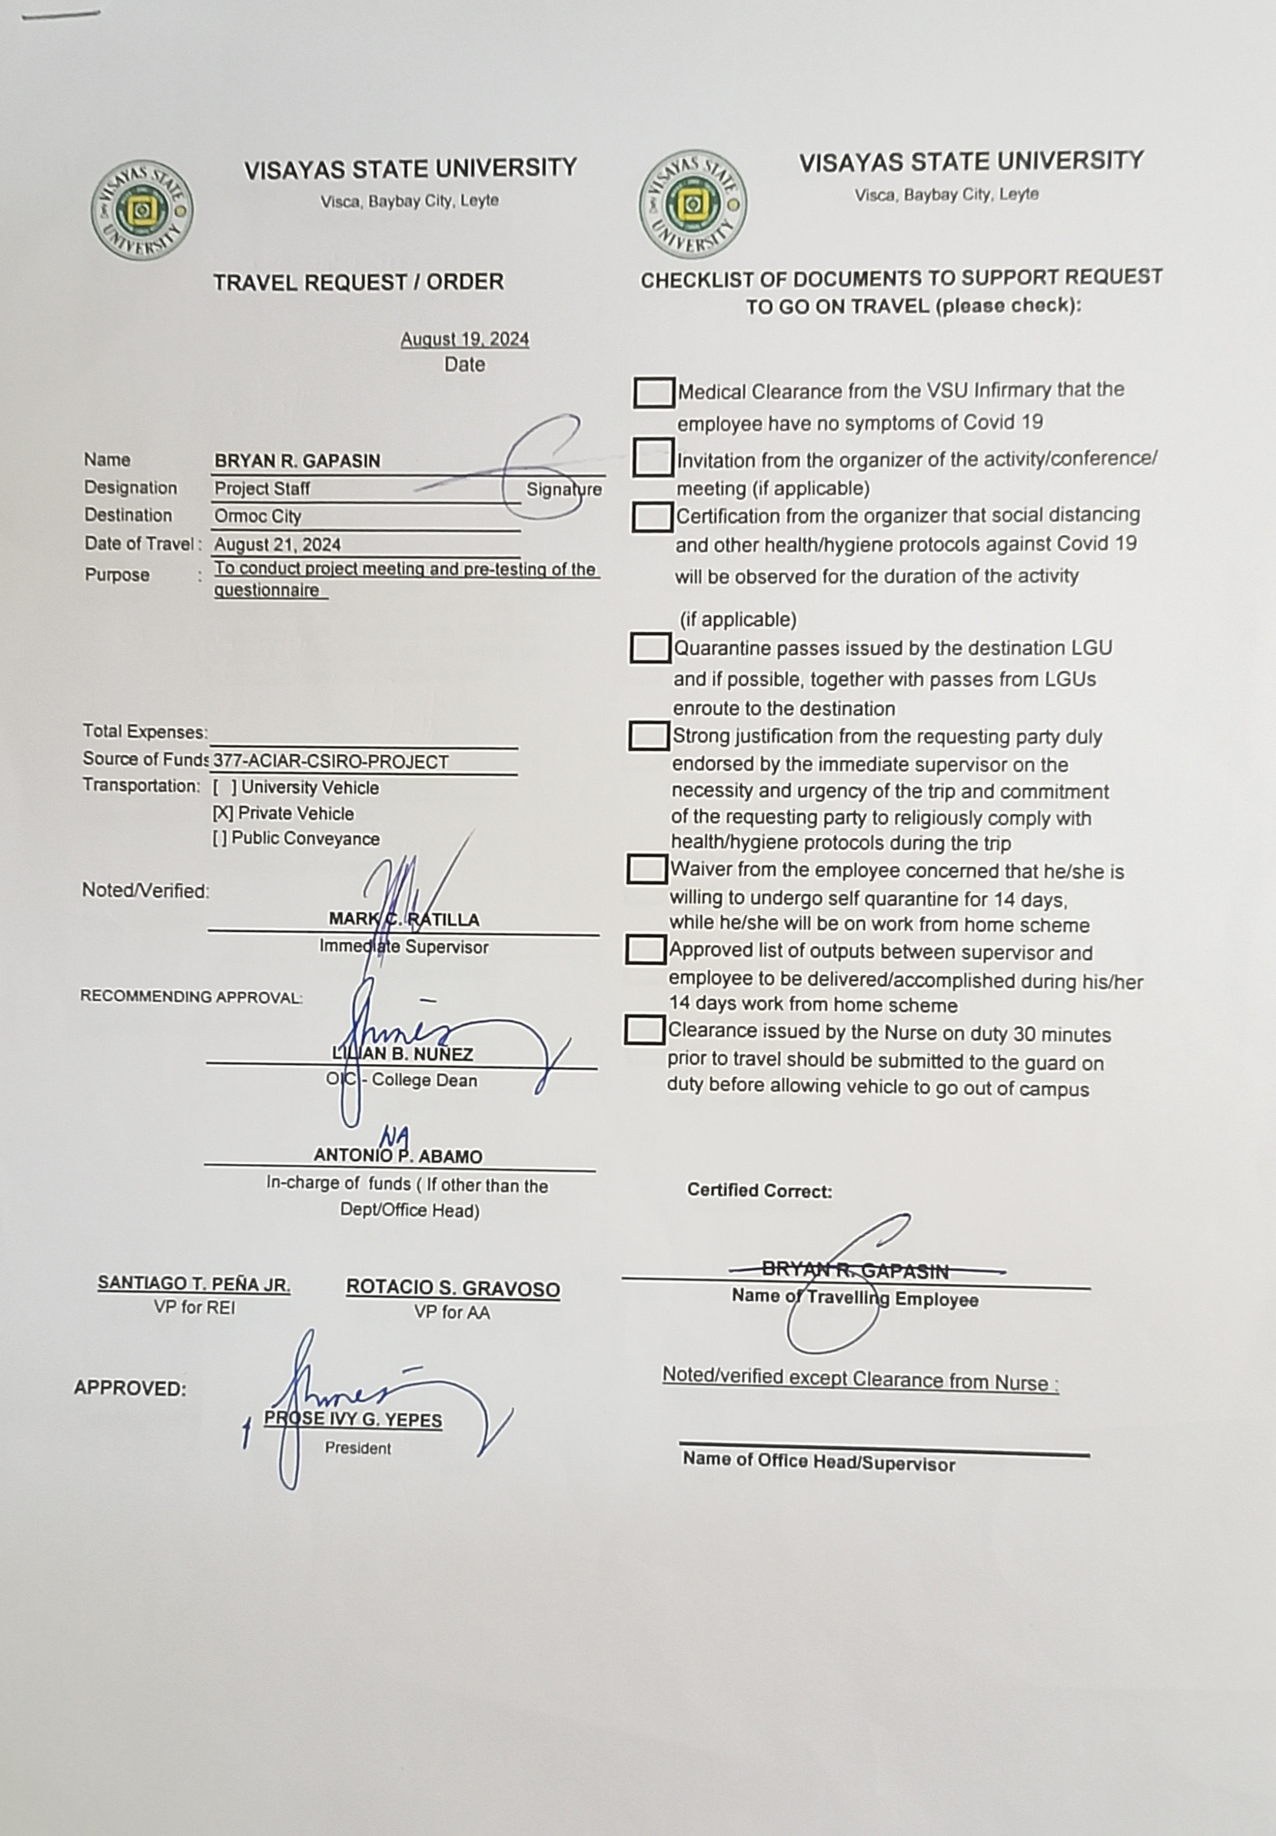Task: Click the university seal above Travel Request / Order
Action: (x=141, y=209)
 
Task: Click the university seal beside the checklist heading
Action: (x=693, y=204)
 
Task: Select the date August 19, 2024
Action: (x=464, y=339)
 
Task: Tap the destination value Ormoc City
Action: (x=258, y=517)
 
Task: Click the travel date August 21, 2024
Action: (x=277, y=545)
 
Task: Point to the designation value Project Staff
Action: (x=261, y=488)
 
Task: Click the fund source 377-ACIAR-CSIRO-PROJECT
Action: (x=331, y=762)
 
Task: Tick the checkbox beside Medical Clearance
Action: (x=653, y=393)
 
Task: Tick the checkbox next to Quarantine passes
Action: (x=650, y=647)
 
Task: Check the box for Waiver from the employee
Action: (x=646, y=870)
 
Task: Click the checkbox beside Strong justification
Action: (x=649, y=737)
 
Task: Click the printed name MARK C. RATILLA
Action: (x=404, y=920)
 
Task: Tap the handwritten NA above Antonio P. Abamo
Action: (x=394, y=1136)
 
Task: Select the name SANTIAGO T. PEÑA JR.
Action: (x=194, y=1283)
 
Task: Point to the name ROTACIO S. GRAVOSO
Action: (x=453, y=1289)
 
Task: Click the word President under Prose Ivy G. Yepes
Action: (x=357, y=1449)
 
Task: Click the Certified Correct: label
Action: (x=759, y=1191)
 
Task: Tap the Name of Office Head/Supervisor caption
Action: (x=818, y=1462)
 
